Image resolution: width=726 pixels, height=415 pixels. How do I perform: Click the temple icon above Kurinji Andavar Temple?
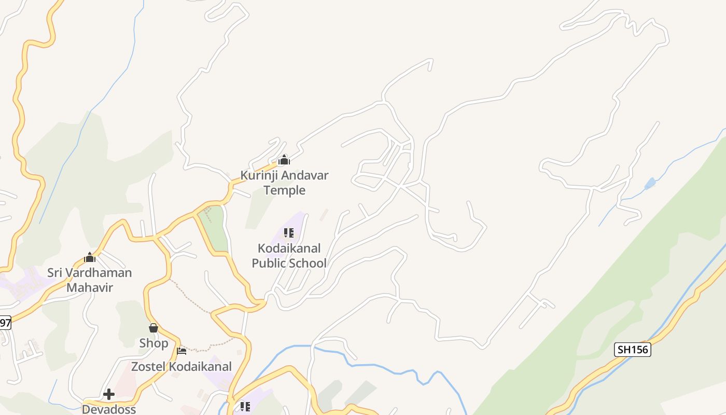(x=284, y=160)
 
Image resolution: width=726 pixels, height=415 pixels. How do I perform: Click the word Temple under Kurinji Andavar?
(x=284, y=190)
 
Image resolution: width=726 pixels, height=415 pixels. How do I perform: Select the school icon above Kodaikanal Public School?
(x=289, y=233)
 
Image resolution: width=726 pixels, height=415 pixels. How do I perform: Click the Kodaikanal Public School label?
(x=289, y=256)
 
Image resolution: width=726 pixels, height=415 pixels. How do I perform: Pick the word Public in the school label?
(x=270, y=263)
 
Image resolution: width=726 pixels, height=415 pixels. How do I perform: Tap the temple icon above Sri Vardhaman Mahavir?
(x=90, y=257)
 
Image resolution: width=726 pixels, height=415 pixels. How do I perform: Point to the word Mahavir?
(x=90, y=287)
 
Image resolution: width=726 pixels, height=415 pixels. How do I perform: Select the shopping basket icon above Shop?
(x=153, y=328)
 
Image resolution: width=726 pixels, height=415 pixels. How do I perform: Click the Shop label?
(x=153, y=343)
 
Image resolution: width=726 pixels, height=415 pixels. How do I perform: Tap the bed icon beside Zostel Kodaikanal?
(x=181, y=351)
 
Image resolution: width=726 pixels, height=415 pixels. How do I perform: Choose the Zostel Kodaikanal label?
(x=181, y=366)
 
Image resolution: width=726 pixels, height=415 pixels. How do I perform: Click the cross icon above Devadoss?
(x=109, y=394)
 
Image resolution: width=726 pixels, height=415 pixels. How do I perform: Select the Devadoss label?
(x=109, y=409)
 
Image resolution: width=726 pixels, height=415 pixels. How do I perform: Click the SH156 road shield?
(x=633, y=350)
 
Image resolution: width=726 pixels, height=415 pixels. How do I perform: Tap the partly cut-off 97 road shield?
(x=5, y=323)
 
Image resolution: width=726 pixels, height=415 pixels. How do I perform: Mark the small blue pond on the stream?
(x=650, y=183)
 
